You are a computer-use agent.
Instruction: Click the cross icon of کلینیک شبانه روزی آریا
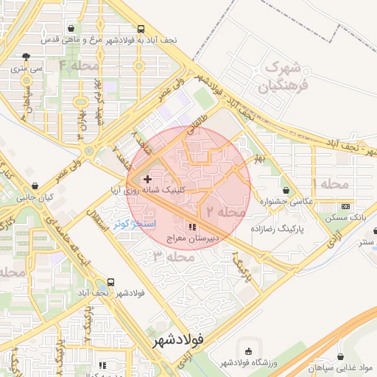[147, 179]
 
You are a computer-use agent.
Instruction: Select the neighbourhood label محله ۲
[225, 211]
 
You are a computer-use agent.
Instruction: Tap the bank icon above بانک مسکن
[346, 206]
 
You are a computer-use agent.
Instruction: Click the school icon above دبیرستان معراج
[193, 228]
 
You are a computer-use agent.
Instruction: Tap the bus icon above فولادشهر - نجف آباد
[111, 282]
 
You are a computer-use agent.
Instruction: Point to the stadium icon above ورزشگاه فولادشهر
[247, 352]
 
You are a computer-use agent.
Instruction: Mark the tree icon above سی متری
[27, 57]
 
